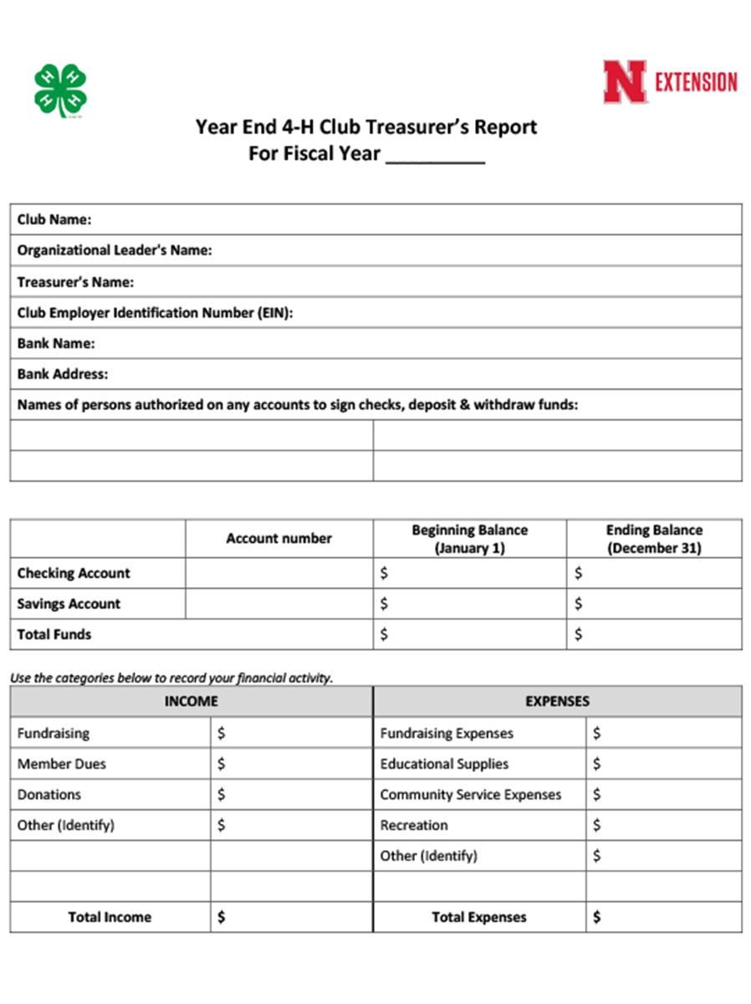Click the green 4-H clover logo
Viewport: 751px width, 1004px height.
point(61,90)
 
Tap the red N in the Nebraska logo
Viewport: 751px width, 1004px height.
point(625,82)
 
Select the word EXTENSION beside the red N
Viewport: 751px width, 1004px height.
point(696,82)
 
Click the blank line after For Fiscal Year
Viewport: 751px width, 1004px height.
point(435,155)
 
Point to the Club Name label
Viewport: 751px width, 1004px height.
point(54,220)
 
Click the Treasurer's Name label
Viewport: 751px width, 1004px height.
point(75,282)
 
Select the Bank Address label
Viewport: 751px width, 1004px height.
point(63,374)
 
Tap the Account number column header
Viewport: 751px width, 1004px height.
point(278,539)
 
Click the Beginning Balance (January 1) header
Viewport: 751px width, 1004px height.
point(469,539)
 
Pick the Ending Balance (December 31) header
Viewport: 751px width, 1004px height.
point(654,539)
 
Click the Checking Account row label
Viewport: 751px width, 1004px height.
point(74,573)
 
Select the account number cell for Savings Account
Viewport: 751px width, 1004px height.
point(278,604)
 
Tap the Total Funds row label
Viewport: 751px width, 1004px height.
point(54,634)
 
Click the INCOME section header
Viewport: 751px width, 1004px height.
point(191,701)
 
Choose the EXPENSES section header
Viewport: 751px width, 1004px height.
point(557,701)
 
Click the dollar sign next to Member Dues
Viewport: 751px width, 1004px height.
point(222,764)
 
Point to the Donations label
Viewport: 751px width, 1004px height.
point(49,794)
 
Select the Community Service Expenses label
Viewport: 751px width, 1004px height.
point(470,794)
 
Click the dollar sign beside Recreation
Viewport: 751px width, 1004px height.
point(596,825)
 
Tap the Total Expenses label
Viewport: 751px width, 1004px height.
point(479,917)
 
